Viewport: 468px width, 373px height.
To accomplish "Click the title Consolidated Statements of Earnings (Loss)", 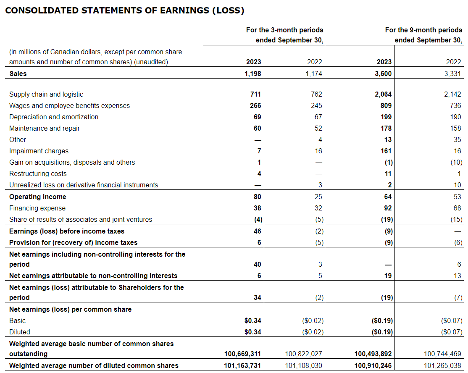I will (x=124, y=11).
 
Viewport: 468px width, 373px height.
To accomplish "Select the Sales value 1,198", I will (x=253, y=74).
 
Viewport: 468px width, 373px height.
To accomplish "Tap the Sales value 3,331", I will (x=453, y=74).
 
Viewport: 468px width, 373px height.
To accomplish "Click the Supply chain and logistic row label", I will (x=46, y=95).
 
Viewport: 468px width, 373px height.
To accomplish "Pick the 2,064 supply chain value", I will (x=383, y=95).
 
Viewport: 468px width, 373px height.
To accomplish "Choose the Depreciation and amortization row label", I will (x=54, y=117).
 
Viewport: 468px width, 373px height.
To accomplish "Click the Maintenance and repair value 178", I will (x=385, y=129).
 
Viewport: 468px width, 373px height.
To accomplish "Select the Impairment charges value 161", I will (x=385, y=151).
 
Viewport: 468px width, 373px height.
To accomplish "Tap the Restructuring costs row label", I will (x=38, y=174).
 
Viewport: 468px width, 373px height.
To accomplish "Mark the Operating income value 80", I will (x=257, y=197).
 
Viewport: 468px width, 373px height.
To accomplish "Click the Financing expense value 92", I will (x=387, y=208).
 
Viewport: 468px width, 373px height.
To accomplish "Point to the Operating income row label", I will (x=38, y=197).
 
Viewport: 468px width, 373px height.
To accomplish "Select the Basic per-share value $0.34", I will (x=252, y=320).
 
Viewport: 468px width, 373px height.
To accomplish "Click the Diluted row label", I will (x=20, y=332).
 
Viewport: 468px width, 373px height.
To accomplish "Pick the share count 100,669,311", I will (x=242, y=354).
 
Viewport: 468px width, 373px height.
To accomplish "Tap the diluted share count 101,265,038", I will (x=443, y=365).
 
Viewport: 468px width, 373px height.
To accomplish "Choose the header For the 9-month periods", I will (x=423, y=30).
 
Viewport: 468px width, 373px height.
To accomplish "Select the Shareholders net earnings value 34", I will (x=257, y=297).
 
